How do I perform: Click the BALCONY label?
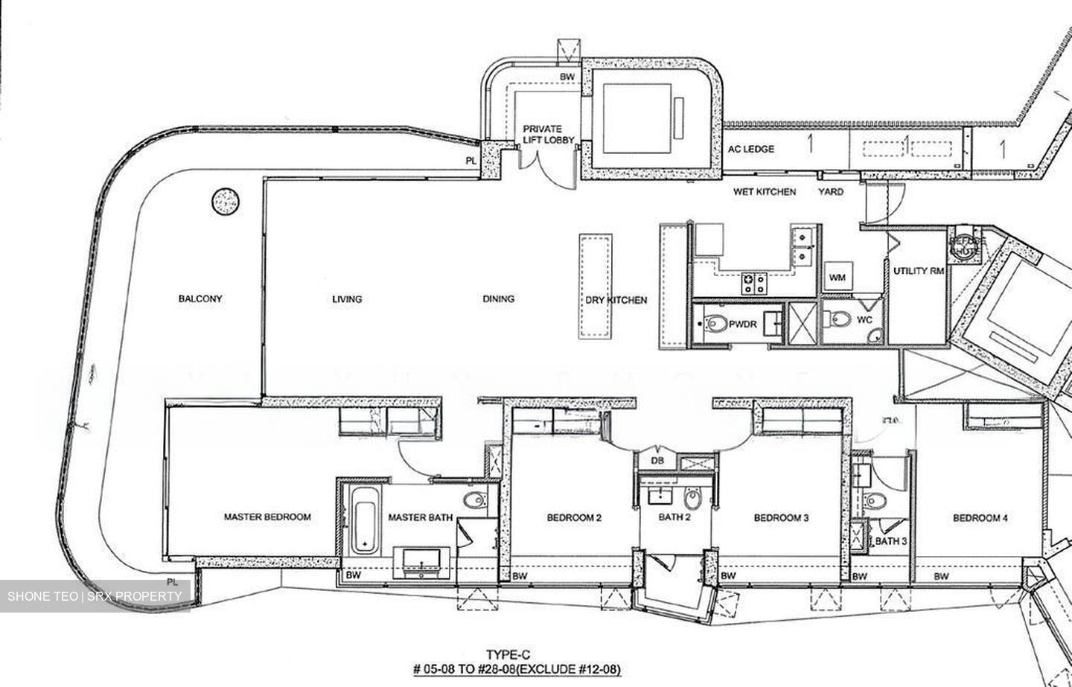pyautogui.click(x=200, y=298)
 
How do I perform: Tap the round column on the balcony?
pyautogui.click(x=226, y=201)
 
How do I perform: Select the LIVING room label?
pyautogui.click(x=347, y=298)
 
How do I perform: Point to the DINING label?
pyautogui.click(x=498, y=298)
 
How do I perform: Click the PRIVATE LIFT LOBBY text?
pyautogui.click(x=542, y=134)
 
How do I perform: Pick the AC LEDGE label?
pyautogui.click(x=751, y=149)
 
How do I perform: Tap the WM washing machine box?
pyautogui.click(x=837, y=278)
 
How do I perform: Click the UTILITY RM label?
pyautogui.click(x=918, y=271)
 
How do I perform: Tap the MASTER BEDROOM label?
pyautogui.click(x=267, y=517)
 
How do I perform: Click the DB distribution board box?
pyautogui.click(x=657, y=461)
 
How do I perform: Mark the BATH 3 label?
pyautogui.click(x=891, y=541)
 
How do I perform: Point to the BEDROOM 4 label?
pyautogui.click(x=980, y=517)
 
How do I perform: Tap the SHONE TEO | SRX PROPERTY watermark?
pyautogui.click(x=95, y=596)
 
